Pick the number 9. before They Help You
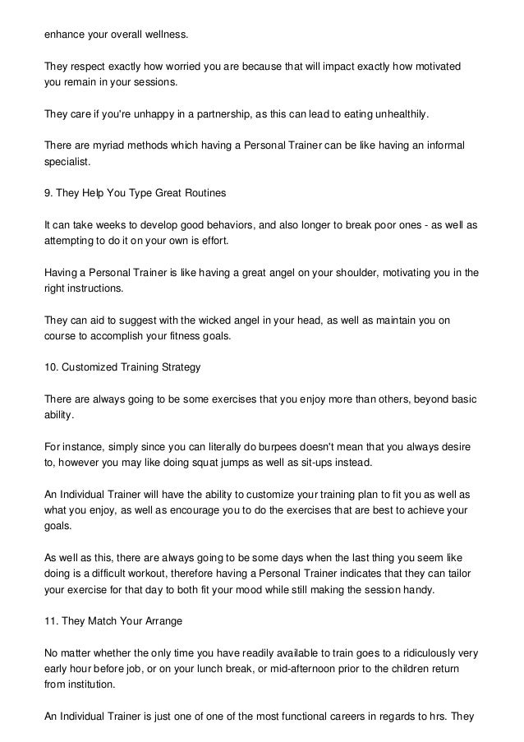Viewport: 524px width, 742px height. [x=48, y=194]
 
